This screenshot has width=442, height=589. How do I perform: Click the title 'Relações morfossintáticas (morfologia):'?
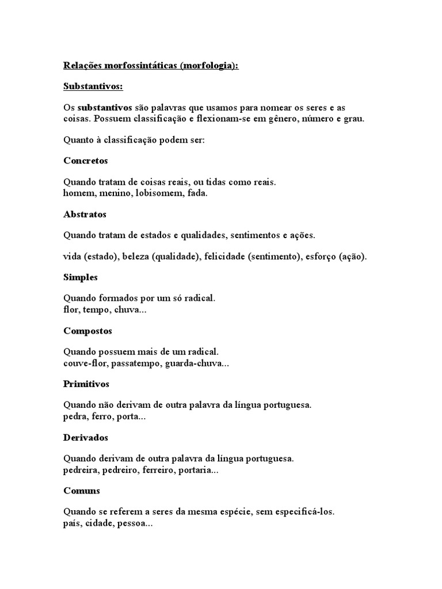(x=150, y=66)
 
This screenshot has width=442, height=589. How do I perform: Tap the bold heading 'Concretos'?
(x=86, y=160)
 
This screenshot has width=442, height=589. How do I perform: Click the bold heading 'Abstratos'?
(x=85, y=214)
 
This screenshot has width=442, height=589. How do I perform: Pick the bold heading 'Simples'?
(x=81, y=277)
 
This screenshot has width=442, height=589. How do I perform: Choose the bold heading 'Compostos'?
(x=87, y=331)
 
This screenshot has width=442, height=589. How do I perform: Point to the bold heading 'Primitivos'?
(x=86, y=384)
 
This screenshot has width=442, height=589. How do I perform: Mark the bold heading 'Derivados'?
(x=86, y=437)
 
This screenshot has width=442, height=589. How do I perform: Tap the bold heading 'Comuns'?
(x=82, y=491)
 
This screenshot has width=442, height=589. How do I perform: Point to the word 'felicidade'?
(x=223, y=257)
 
